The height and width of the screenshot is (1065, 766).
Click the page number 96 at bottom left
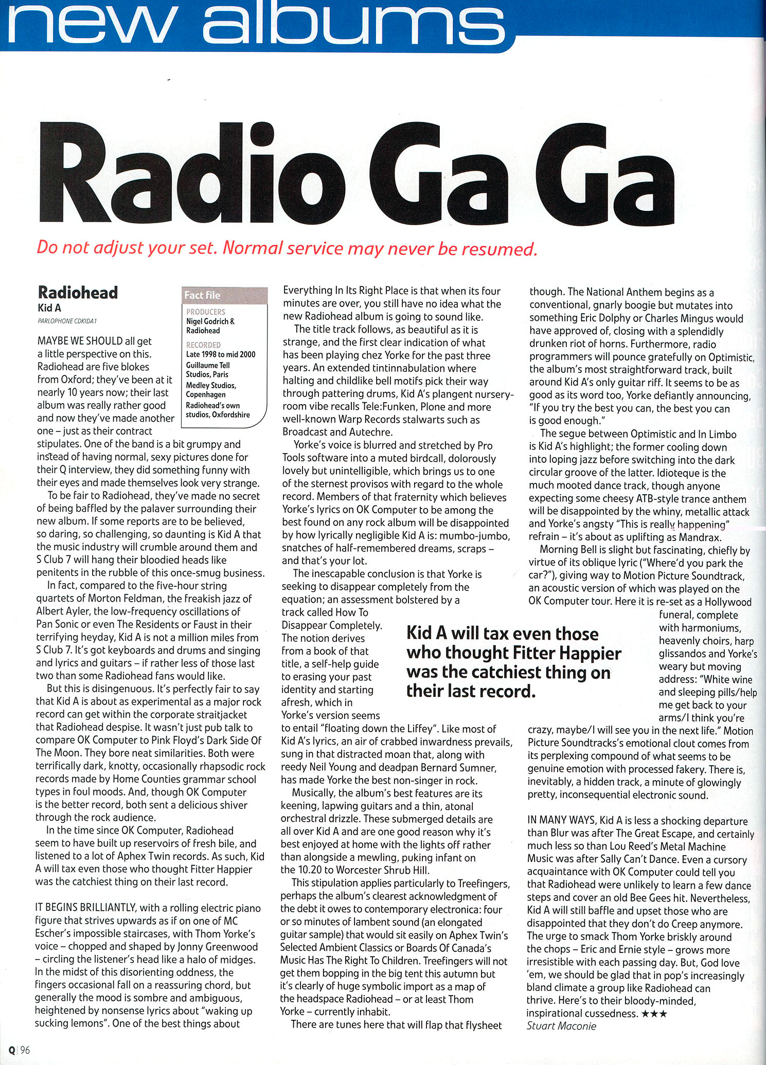(25, 1050)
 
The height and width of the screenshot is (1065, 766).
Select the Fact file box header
(202, 295)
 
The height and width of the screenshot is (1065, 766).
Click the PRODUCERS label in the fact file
(205, 312)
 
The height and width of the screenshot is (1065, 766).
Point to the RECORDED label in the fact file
(203, 345)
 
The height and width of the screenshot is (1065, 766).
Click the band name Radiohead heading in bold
(78, 293)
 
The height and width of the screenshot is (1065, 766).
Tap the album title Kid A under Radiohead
(49, 308)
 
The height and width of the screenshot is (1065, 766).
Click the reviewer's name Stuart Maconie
(561, 1026)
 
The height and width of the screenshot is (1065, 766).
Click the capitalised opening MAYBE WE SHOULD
(80, 341)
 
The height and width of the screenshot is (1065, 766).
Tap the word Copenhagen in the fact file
(206, 394)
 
